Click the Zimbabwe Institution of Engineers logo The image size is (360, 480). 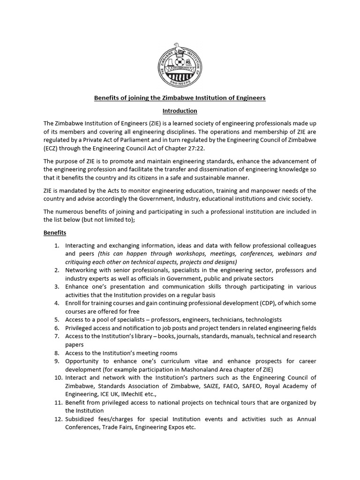click(180, 65)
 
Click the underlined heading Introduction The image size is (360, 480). click(180, 111)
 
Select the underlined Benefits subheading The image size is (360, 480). click(55, 232)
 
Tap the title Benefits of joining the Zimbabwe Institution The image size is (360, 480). click(180, 98)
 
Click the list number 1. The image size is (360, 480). click(56, 246)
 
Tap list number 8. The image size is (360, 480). click(56, 353)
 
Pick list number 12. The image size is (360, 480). click(55, 419)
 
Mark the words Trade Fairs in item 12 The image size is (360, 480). click(116, 427)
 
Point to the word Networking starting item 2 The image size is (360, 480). click(83, 270)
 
